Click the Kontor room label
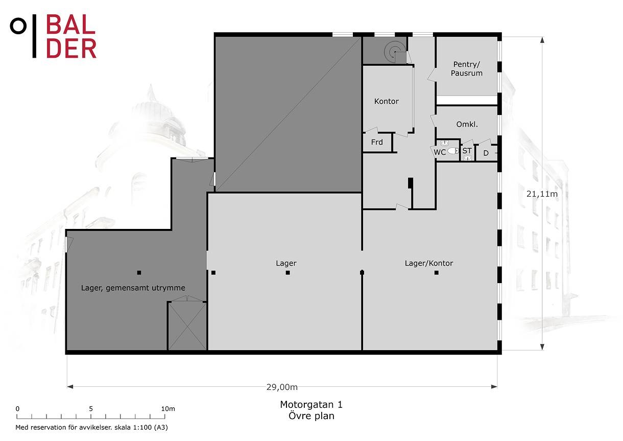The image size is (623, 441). (x=387, y=101)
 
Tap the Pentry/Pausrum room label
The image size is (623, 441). (x=466, y=68)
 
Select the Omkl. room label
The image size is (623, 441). (x=467, y=124)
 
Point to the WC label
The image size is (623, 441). (x=440, y=152)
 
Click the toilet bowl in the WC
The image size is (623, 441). (x=453, y=151)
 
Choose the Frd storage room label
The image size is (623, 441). (x=377, y=142)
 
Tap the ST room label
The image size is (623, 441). (x=467, y=151)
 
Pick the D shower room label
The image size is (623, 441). (x=486, y=153)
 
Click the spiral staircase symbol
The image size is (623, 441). (x=394, y=52)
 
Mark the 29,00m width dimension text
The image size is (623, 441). (x=282, y=387)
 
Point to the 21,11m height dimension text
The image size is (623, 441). (x=542, y=194)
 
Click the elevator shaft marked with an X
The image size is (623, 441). (x=187, y=326)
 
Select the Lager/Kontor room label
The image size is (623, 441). (x=429, y=263)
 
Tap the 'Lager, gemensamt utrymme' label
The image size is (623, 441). (x=133, y=288)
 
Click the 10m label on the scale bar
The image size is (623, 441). (x=168, y=409)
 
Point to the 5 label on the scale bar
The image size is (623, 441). (x=91, y=409)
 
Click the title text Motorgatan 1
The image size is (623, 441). (x=311, y=404)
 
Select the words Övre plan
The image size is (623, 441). (x=311, y=416)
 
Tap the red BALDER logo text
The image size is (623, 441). (x=71, y=36)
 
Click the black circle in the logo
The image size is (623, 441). (x=18, y=26)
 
